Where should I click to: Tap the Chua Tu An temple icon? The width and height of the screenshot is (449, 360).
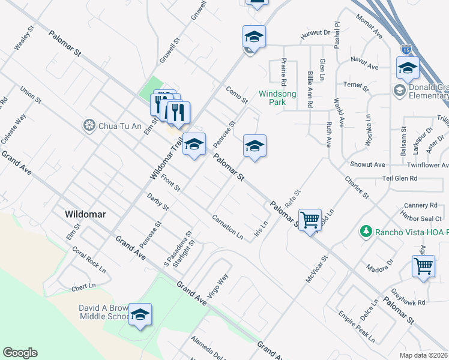click(x=89, y=125)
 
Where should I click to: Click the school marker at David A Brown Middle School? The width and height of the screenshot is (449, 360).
click(x=140, y=314)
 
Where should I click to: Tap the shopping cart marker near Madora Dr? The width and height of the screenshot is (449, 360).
click(x=423, y=266)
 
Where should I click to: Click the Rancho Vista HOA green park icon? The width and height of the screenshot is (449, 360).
click(x=364, y=231)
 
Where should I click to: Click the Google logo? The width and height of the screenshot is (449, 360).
click(x=20, y=353)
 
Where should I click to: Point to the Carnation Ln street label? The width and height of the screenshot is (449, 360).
click(x=228, y=227)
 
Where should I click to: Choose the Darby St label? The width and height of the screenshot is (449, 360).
click(x=157, y=202)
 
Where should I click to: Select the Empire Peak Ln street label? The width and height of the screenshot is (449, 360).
click(x=354, y=324)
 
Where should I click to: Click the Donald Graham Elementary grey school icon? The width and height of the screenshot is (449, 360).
click(x=399, y=90)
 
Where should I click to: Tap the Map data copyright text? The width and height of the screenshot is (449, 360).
click(x=424, y=355)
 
